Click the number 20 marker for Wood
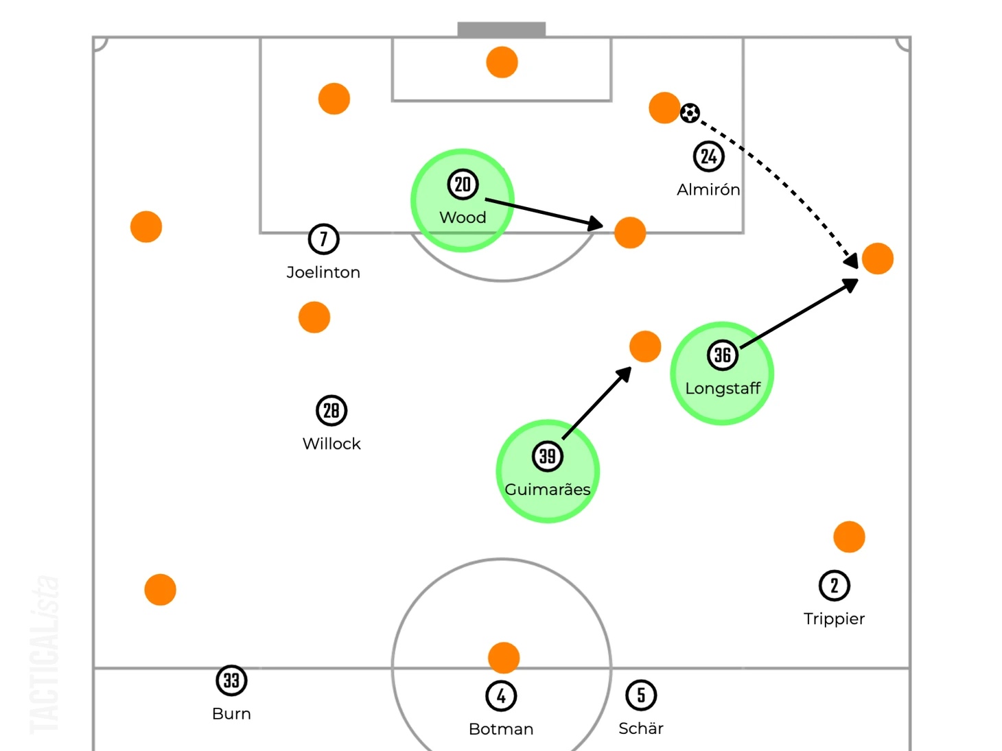(x=463, y=184)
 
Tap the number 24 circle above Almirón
(x=708, y=156)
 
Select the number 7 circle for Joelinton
(x=324, y=239)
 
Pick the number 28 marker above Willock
(x=331, y=410)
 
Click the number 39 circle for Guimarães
(x=548, y=457)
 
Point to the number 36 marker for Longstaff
(x=722, y=355)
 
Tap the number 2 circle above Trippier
(x=835, y=586)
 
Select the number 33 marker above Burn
(x=231, y=681)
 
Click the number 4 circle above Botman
(x=501, y=696)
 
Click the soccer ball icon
(x=690, y=113)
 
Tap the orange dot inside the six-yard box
(x=502, y=62)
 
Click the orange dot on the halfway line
(x=504, y=658)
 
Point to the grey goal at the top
(x=502, y=29)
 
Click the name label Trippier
(x=834, y=619)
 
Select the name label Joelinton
(x=323, y=272)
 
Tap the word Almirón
(x=708, y=189)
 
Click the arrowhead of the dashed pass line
(x=852, y=261)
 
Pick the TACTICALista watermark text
(x=45, y=655)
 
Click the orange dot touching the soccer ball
(x=664, y=108)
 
